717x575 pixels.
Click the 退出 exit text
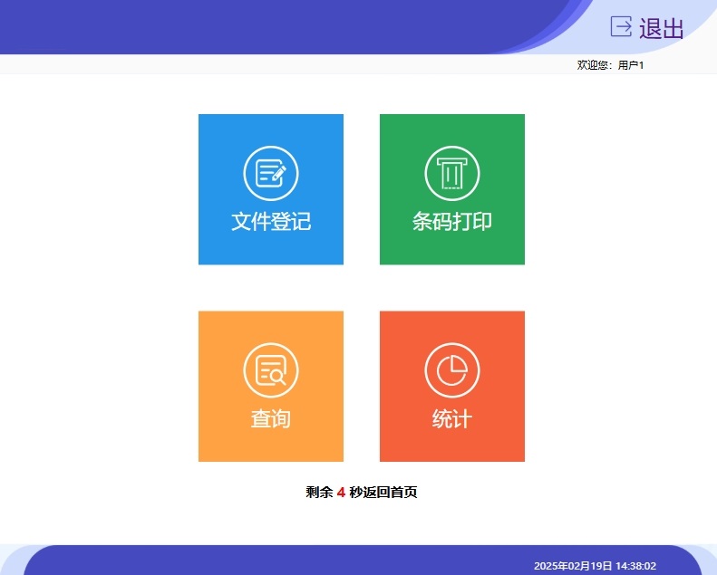pyautogui.click(x=661, y=28)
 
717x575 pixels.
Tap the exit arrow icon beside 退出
pyautogui.click(x=622, y=26)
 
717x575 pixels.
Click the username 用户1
pyautogui.click(x=631, y=65)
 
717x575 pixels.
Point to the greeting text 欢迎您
pyautogui.click(x=592, y=65)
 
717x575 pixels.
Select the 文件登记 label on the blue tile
pyautogui.click(x=271, y=222)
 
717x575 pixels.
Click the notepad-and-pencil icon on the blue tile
pyautogui.click(x=271, y=173)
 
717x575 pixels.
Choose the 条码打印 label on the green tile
pyautogui.click(x=452, y=222)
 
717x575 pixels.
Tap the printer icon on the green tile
pyautogui.click(x=452, y=173)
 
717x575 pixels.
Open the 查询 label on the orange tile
pyautogui.click(x=271, y=418)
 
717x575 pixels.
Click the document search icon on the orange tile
pyautogui.click(x=271, y=370)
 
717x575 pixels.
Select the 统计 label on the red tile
pyautogui.click(x=452, y=418)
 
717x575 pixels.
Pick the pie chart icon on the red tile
pyautogui.click(x=452, y=370)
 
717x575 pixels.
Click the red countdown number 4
pyautogui.click(x=341, y=493)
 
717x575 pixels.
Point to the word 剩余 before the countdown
pyautogui.click(x=319, y=493)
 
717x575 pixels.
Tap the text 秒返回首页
pyautogui.click(x=383, y=493)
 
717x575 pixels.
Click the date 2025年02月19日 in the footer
pyautogui.click(x=573, y=566)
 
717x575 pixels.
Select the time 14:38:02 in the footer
pyautogui.click(x=636, y=566)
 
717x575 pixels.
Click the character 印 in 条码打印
pyautogui.click(x=482, y=222)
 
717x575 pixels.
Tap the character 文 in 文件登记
pyautogui.click(x=241, y=222)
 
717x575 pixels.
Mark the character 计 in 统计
pyautogui.click(x=462, y=418)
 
